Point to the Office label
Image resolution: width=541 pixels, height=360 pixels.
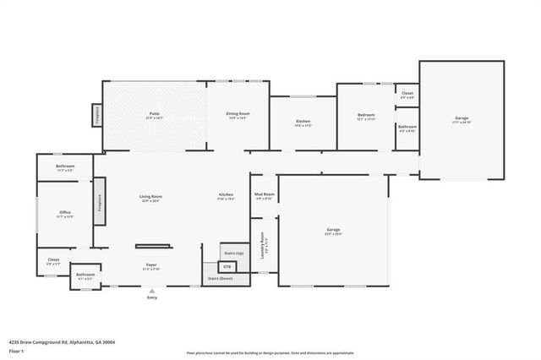[x=65, y=212]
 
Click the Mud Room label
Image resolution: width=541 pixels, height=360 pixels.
[x=264, y=194]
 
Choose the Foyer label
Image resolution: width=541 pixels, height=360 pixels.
[x=151, y=265]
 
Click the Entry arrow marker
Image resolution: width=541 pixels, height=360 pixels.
[x=152, y=290]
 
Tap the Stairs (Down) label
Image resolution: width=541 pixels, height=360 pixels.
[x=221, y=277]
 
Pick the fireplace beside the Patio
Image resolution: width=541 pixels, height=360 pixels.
[x=97, y=115]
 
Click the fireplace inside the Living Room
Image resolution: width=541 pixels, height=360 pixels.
[x=99, y=201]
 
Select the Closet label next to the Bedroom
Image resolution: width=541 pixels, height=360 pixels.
[x=407, y=94]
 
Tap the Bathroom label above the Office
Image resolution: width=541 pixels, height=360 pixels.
[x=65, y=166]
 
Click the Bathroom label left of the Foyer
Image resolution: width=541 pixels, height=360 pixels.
[x=85, y=274]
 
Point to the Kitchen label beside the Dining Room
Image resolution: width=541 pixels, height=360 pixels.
[x=303, y=122]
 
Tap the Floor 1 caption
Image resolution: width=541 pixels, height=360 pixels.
[x=16, y=350]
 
